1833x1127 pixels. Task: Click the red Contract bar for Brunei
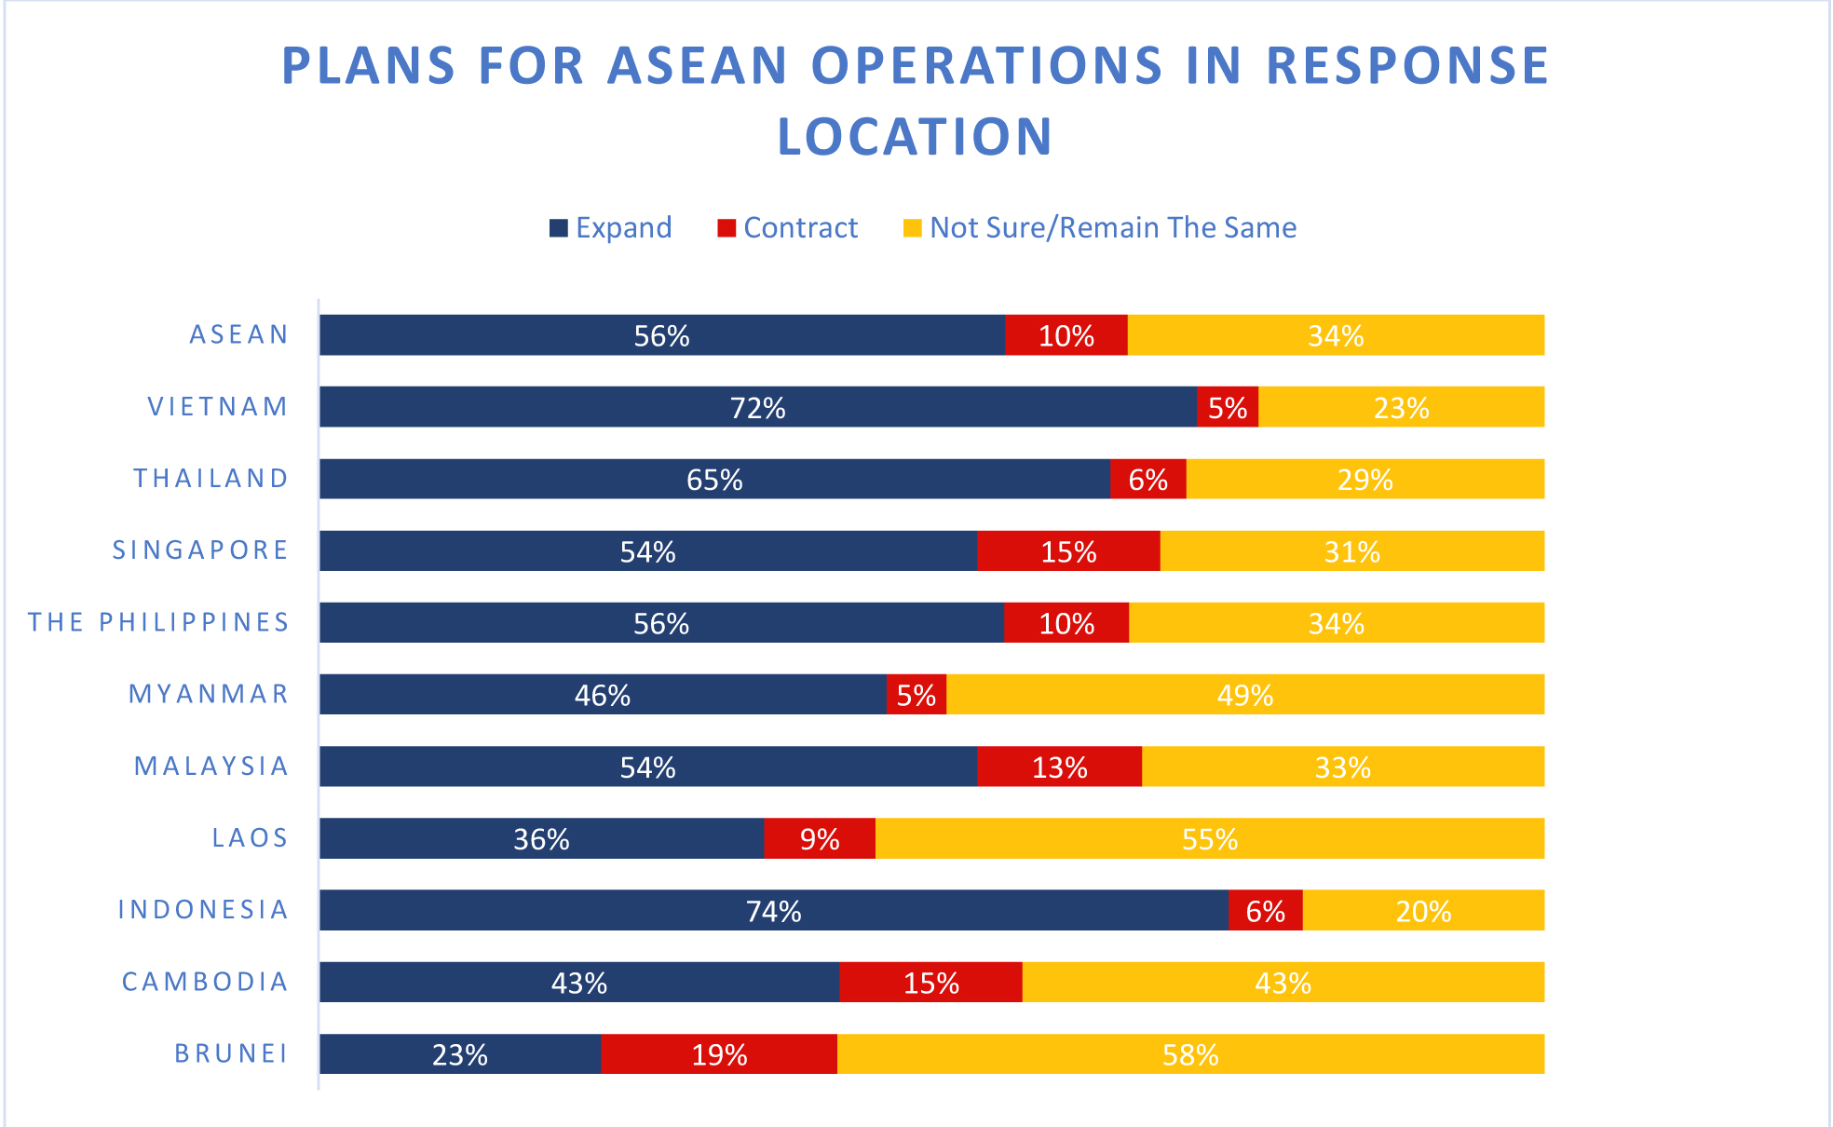[x=718, y=1053]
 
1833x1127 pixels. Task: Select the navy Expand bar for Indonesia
[x=773, y=910]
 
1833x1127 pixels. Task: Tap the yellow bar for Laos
[x=1209, y=838]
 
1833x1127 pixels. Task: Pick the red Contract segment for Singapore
[x=1068, y=550]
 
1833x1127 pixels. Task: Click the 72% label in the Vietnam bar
[x=757, y=408]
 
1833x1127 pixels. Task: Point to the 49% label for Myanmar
[x=1244, y=695]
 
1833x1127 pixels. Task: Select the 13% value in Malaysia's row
[x=1059, y=767]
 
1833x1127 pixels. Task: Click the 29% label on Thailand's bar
[x=1365, y=480]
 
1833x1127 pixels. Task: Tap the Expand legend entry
[x=611, y=228]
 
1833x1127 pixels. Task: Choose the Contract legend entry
[x=788, y=228]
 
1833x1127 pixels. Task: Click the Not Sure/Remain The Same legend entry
[x=1100, y=228]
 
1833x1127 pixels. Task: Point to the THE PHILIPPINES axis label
[x=158, y=622]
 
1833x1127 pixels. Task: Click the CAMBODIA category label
[x=205, y=982]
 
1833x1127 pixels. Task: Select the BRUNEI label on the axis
[x=231, y=1053]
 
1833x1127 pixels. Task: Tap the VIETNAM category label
[x=217, y=407]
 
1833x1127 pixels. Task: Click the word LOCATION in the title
[x=915, y=137]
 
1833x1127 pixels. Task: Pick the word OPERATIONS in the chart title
[x=986, y=65]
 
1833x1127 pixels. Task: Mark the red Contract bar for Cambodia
[x=930, y=982]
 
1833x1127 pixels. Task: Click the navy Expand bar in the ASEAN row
[x=661, y=334]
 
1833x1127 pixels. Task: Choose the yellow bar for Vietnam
[x=1401, y=407]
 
